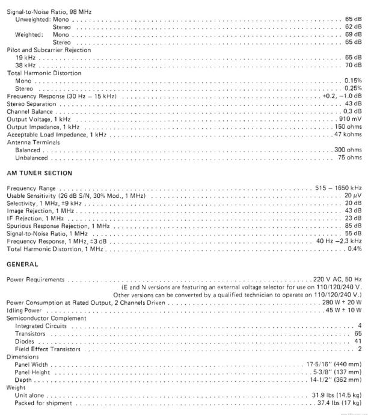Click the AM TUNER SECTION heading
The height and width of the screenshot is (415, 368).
click(x=39, y=173)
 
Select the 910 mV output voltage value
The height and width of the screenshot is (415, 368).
click(x=350, y=119)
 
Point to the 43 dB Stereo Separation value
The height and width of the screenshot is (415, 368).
click(x=353, y=104)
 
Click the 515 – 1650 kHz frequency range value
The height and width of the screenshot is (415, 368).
click(x=338, y=189)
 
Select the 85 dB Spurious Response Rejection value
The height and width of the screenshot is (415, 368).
click(x=353, y=226)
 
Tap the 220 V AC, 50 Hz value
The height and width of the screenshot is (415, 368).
click(x=337, y=280)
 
